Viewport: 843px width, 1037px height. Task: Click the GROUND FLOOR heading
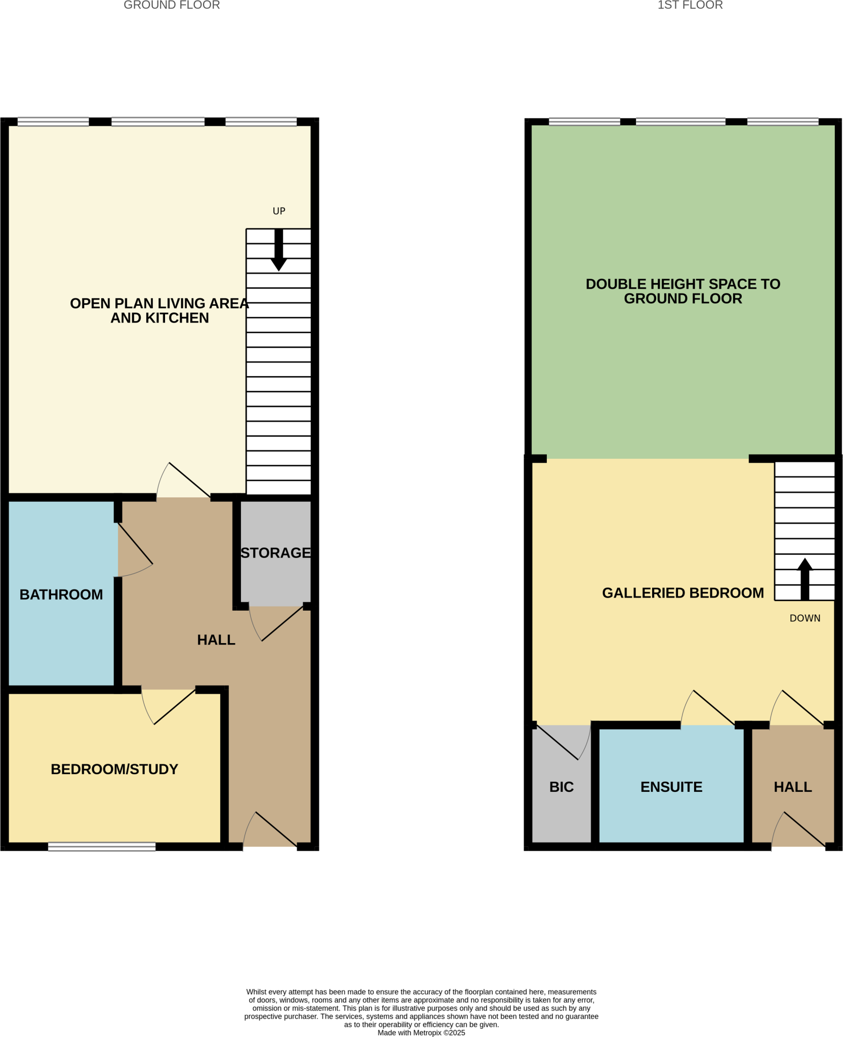point(172,6)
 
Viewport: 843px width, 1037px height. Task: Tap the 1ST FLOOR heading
point(690,6)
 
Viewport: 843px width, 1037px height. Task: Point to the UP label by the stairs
point(279,211)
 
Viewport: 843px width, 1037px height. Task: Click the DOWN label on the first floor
point(805,618)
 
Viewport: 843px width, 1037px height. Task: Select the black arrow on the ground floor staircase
point(278,250)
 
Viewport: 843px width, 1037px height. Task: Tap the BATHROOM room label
point(61,594)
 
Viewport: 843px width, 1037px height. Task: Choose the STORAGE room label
point(275,553)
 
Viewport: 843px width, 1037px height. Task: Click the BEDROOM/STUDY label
point(114,769)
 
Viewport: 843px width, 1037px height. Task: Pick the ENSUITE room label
point(671,787)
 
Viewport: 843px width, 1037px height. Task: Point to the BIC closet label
point(561,787)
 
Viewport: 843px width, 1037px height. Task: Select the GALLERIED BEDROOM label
point(683,593)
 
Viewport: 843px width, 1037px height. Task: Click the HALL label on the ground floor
point(216,640)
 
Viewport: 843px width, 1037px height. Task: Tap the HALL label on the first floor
point(793,787)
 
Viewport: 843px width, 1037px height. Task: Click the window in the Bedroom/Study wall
point(102,847)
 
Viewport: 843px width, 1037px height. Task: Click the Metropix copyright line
point(421,1032)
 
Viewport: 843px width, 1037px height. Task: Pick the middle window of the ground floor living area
point(158,122)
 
